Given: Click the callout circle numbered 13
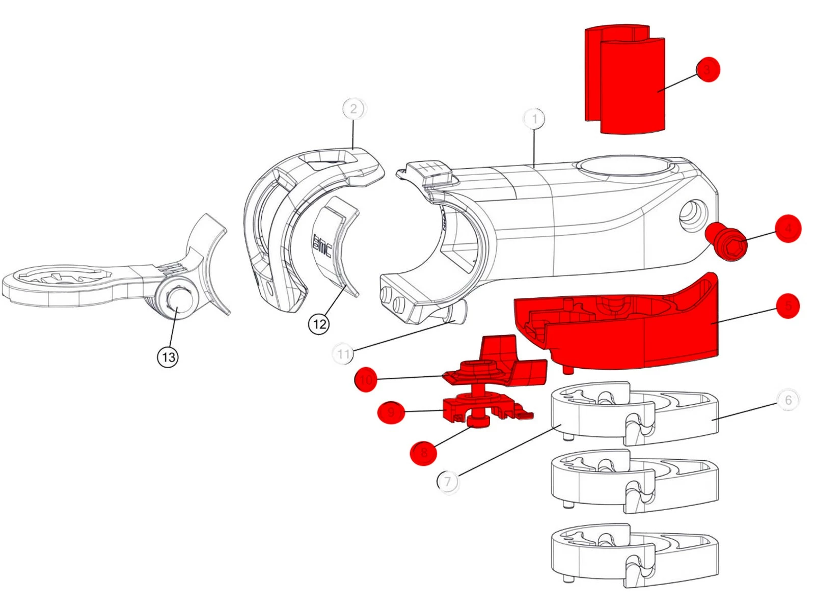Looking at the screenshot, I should click(168, 357).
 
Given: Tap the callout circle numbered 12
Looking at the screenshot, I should click(319, 324).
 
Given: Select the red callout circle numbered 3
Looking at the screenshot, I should click(707, 69).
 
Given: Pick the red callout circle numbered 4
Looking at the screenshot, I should click(788, 229).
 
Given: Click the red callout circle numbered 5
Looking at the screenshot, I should click(788, 305).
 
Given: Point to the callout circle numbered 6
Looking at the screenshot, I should click(788, 400).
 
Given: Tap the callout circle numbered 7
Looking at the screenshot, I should click(448, 481).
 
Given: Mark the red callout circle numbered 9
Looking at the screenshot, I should click(391, 412).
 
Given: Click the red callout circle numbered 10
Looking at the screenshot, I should click(366, 379).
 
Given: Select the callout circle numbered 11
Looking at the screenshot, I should click(343, 353).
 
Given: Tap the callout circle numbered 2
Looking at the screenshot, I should click(354, 109).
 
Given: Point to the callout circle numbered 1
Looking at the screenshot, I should click(534, 119).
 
